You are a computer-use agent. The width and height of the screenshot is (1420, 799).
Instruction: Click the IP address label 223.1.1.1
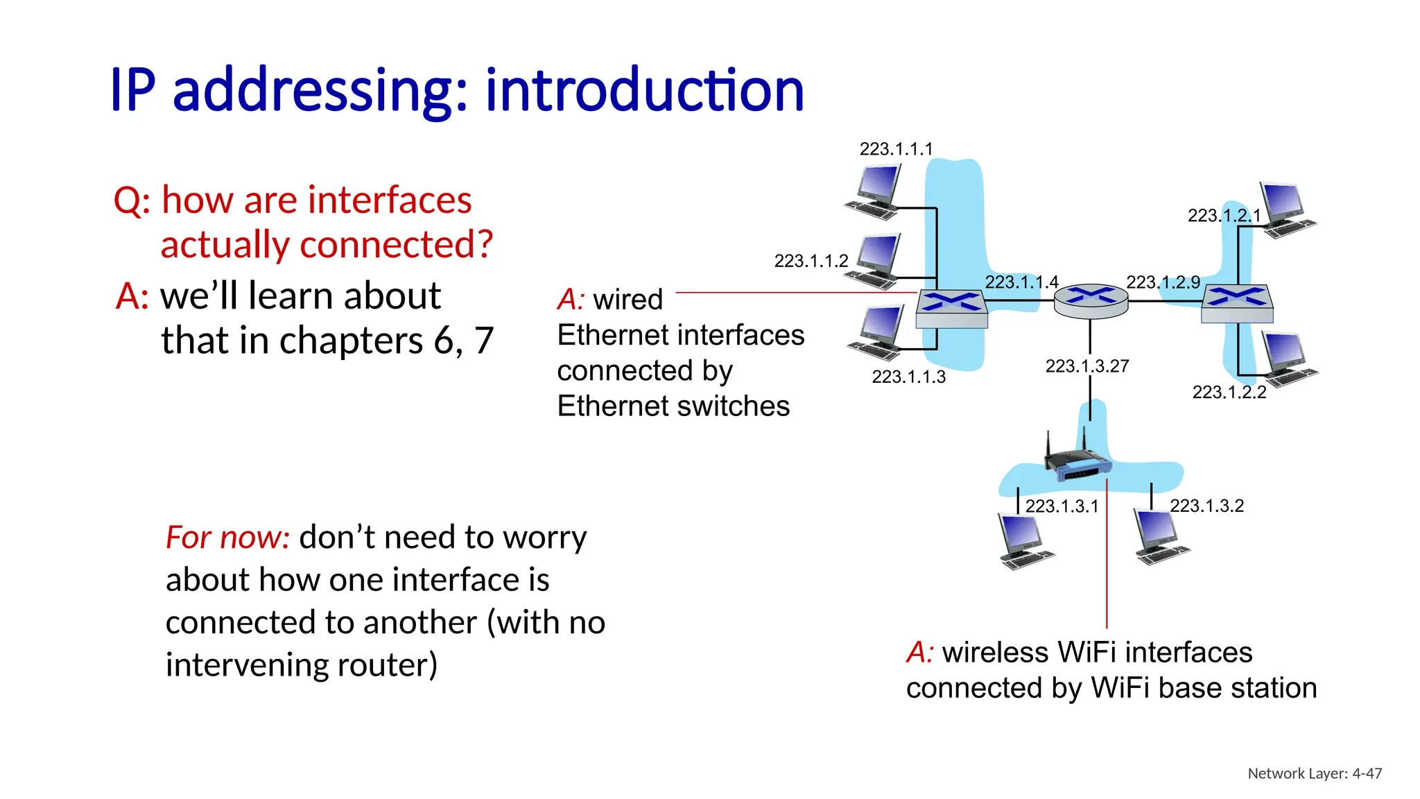(896, 149)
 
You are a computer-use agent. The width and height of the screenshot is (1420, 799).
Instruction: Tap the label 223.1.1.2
(811, 261)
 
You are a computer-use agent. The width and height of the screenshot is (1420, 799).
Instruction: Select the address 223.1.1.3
(908, 377)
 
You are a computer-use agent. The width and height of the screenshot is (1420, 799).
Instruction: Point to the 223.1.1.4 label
(1021, 282)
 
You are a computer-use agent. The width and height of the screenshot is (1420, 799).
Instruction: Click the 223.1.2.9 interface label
(1163, 282)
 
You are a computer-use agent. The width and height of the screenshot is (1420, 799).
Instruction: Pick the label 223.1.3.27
(1086, 366)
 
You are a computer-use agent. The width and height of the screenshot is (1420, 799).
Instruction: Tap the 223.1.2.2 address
(1229, 392)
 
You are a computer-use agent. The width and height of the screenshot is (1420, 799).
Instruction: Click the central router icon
(1091, 301)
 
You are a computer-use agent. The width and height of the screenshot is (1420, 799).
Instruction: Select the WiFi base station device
(1077, 461)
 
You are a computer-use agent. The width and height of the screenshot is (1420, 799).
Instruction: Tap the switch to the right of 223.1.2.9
(1237, 304)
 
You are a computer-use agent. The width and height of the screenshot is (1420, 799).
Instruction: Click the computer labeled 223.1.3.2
(1160, 537)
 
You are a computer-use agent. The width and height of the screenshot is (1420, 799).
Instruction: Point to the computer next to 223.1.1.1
(875, 192)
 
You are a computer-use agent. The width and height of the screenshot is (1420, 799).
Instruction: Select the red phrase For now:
(227, 538)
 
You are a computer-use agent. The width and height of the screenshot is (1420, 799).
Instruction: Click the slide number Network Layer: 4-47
(1314, 773)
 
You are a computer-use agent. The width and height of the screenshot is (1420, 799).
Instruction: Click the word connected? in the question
(396, 244)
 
